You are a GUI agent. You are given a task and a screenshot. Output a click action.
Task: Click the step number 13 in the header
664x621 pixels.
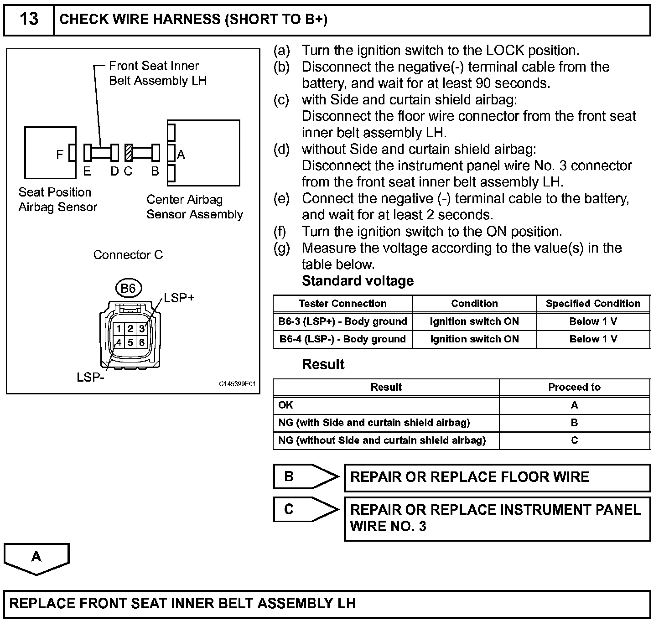point(29,19)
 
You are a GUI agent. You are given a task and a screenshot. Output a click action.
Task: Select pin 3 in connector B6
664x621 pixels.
point(142,329)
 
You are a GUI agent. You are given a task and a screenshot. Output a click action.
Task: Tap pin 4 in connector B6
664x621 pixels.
point(119,342)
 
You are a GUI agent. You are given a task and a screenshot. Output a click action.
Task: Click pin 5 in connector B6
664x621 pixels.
point(130,342)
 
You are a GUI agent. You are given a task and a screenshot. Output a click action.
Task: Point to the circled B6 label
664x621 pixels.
point(128,289)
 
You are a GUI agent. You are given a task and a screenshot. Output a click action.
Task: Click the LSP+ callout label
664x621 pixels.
point(179,298)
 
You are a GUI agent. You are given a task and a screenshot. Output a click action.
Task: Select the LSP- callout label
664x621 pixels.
point(90,378)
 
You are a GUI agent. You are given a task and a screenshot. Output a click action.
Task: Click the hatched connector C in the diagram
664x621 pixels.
point(129,153)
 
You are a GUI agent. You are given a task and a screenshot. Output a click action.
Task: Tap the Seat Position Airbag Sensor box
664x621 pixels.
point(50,153)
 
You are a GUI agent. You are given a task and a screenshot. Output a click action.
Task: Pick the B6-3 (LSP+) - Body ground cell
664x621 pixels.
point(342,321)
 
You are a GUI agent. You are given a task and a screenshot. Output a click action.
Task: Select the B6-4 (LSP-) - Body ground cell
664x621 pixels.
point(342,339)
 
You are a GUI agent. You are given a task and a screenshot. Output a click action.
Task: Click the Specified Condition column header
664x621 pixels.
point(593,304)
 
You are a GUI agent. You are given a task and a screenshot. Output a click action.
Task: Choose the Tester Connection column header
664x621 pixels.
point(342,304)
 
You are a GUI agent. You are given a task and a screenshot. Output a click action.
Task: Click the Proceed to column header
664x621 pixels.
point(574,388)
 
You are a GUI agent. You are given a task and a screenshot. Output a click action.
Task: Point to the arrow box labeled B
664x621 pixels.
point(305,477)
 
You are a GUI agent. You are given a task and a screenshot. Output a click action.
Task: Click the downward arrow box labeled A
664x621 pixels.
point(36,558)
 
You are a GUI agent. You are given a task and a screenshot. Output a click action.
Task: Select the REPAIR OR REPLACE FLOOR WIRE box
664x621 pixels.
point(497,478)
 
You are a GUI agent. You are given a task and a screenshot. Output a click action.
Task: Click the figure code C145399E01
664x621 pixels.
point(237,384)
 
